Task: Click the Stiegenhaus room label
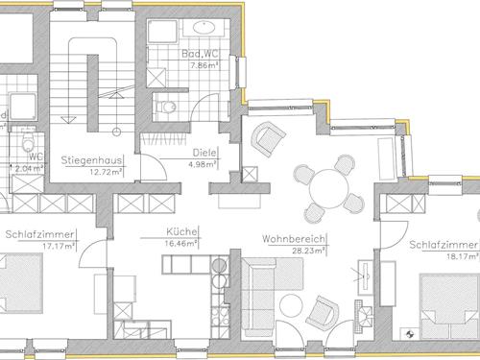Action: [x=91, y=160]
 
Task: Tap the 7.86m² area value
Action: [x=204, y=65]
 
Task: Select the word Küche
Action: [x=181, y=231]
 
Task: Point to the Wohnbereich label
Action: [x=293, y=239]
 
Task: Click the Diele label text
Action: [x=204, y=153]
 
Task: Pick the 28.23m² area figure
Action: [x=308, y=251]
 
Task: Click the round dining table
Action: [x=329, y=189]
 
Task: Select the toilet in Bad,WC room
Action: [x=165, y=107]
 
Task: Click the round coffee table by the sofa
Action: [x=291, y=305]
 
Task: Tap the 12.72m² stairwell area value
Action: [x=106, y=172]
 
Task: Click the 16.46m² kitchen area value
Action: [x=180, y=244]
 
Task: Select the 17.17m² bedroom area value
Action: [x=59, y=247]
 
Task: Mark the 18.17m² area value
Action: [x=463, y=256]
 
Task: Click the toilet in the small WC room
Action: [x=28, y=140]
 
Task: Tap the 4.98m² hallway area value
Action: [x=203, y=165]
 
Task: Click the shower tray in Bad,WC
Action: [x=162, y=32]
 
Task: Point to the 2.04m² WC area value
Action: [x=29, y=169]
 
